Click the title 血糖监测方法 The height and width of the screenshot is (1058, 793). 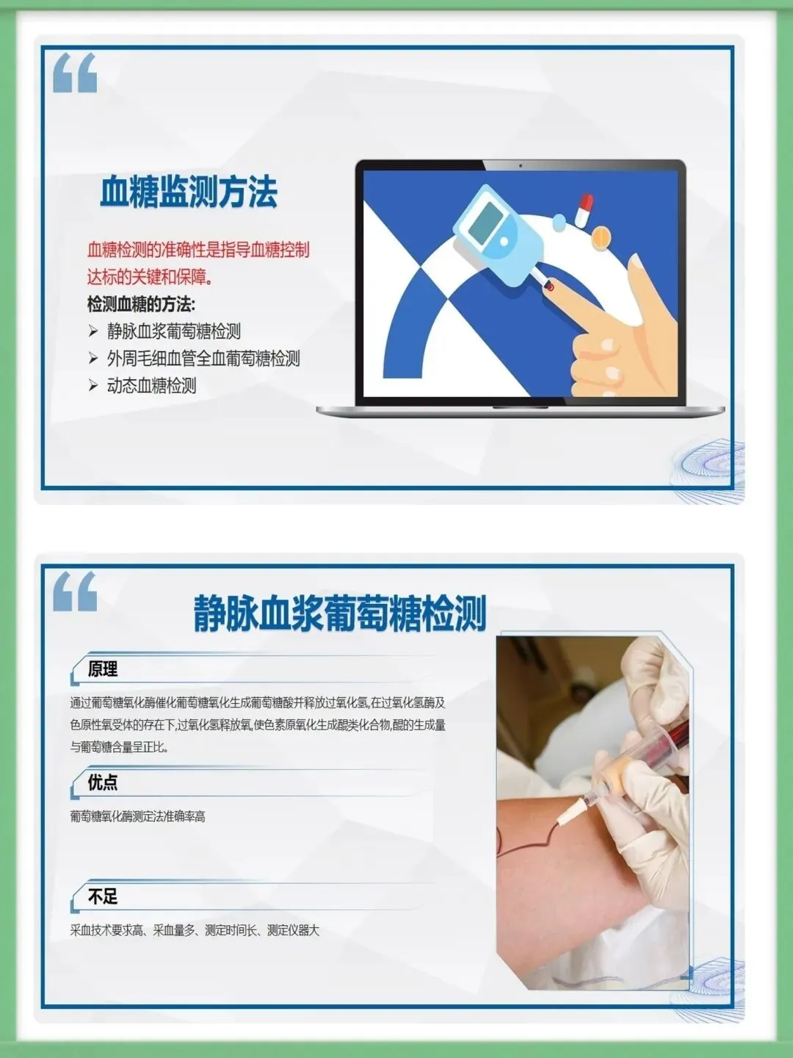point(188,192)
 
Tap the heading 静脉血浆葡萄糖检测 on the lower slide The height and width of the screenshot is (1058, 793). point(340,613)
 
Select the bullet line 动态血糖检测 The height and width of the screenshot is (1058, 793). point(152,386)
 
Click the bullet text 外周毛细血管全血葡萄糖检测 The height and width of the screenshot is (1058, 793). point(203,359)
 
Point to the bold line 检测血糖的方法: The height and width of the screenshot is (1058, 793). point(141,305)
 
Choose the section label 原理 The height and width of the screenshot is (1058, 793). point(103,669)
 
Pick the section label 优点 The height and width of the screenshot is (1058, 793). point(103,782)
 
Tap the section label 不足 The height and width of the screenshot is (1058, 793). point(103,897)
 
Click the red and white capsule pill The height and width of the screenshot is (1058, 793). point(584,209)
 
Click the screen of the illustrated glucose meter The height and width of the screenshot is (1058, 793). point(490,221)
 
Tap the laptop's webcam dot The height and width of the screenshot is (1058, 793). point(521,166)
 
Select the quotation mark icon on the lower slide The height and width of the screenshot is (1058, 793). point(75,591)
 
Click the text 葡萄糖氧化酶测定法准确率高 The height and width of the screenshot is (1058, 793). point(138,816)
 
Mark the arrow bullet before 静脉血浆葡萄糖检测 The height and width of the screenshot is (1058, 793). point(93,331)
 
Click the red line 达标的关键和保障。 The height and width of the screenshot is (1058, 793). point(151,277)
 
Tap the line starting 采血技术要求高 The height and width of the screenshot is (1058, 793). point(195,930)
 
